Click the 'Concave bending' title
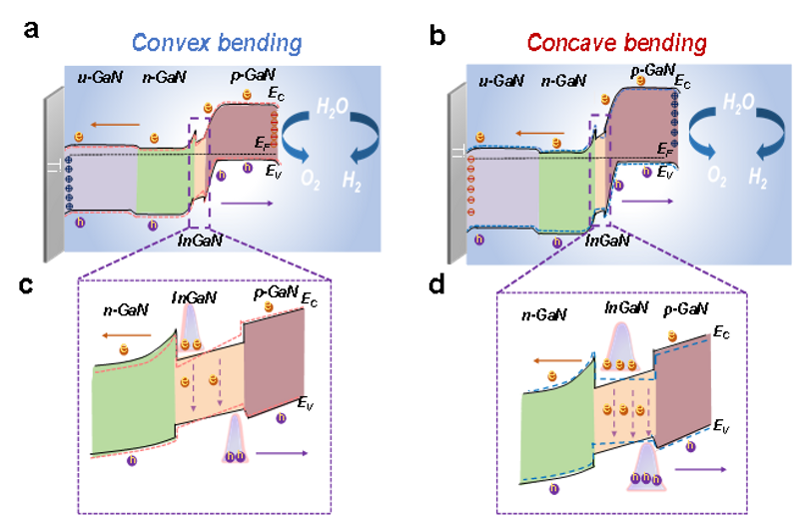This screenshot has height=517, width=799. (617, 42)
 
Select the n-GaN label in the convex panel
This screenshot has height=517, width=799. (163, 76)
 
